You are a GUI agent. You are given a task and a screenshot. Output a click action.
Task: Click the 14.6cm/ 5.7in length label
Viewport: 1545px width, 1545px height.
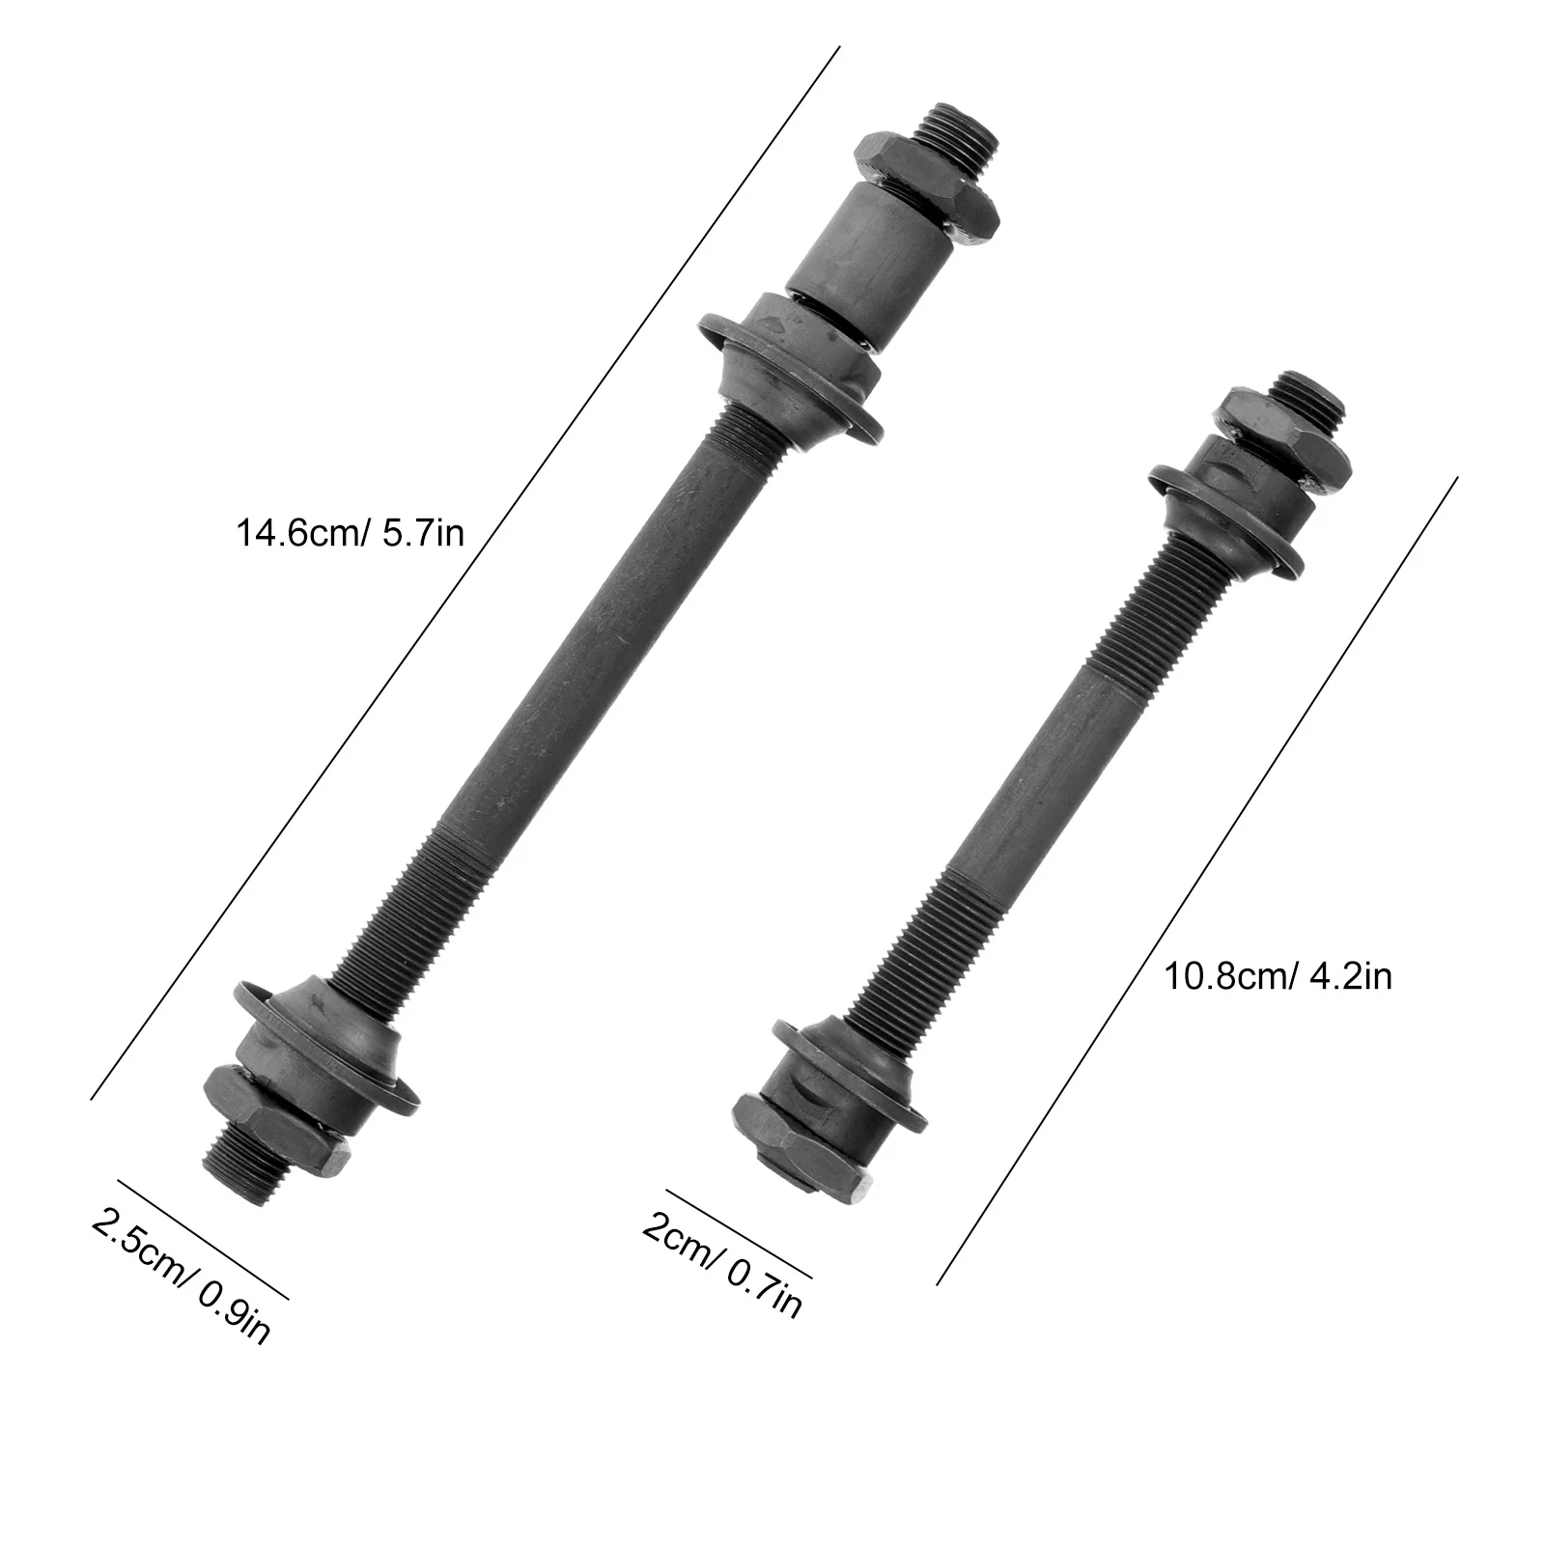(350, 532)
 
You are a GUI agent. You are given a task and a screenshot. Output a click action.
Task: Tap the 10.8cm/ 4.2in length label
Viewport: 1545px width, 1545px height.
(1278, 976)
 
